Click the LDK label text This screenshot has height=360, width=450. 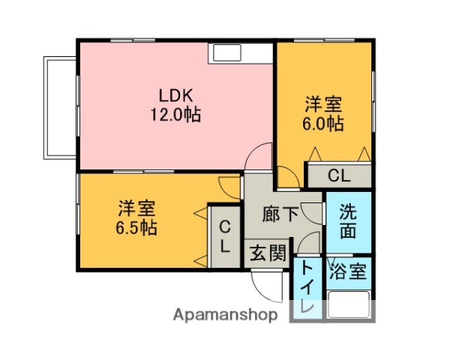pos(176,96)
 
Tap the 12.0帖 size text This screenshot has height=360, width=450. pos(176,115)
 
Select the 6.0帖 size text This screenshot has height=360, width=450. pos(324,124)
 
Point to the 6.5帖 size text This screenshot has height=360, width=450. pos(136,228)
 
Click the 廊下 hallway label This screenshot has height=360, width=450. pos(280,214)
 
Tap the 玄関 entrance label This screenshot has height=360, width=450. pos(268,253)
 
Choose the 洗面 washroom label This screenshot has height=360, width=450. pos(347,221)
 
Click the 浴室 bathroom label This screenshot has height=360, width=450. pos(349,271)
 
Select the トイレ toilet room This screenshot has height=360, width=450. pos(306,288)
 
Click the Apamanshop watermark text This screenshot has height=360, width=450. pos(226,314)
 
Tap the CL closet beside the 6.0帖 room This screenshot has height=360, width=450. pos(338,176)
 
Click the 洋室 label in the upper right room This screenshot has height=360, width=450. pos(324,103)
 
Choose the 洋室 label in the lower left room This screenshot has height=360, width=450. pos(136,208)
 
